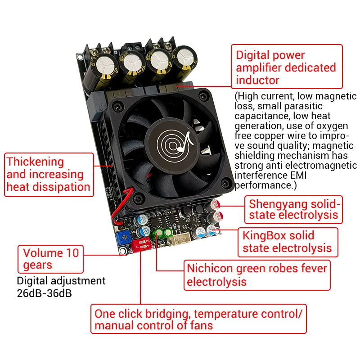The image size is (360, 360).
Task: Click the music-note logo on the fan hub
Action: pyautogui.click(x=174, y=144)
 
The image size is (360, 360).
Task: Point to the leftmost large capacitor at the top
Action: pyautogui.click(x=101, y=71)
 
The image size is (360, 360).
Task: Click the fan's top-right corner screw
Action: pyautogui.click(x=203, y=96)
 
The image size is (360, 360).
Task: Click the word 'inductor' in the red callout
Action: pyautogui.click(x=257, y=80)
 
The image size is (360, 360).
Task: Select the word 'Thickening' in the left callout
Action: pyautogui.click(x=35, y=162)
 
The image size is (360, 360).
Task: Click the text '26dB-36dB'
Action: pyautogui.click(x=44, y=293)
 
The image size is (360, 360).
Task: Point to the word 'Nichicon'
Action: pyautogui.click(x=210, y=268)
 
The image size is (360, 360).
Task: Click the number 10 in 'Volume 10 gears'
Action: pyautogui.click(x=72, y=253)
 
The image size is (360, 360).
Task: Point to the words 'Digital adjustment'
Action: pyautogui.click(x=61, y=281)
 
